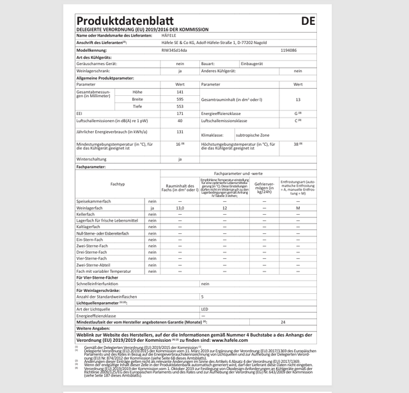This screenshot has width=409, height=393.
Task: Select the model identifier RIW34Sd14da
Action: coord(174,50)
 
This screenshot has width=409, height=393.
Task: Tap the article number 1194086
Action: coord(288,50)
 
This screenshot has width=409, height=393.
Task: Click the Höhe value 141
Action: coord(180,93)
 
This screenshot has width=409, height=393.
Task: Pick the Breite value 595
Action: coord(180,100)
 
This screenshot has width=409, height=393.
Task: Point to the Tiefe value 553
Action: coord(180,107)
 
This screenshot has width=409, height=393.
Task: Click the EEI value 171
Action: coord(180,114)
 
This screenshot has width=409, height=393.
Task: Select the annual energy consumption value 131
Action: coord(180,132)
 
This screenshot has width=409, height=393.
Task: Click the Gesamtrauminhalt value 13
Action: coord(298,100)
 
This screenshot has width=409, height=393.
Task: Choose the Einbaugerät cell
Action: coord(251,64)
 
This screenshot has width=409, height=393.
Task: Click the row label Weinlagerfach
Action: coord(91,208)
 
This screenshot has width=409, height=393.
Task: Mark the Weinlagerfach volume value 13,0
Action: coord(180,208)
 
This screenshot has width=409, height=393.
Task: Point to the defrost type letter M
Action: coord(298,208)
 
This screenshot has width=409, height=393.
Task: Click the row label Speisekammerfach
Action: coord(94,201)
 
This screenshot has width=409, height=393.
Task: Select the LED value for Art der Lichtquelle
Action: coord(205,309)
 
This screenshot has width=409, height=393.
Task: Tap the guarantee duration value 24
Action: coord(283,322)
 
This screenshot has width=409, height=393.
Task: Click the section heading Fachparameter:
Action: coord(91,166)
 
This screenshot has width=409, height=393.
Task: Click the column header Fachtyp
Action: coord(118,183)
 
